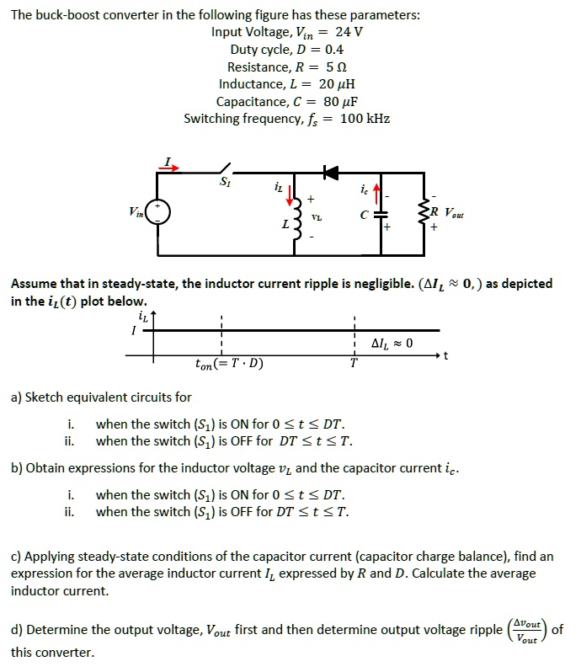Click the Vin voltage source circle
(x=159, y=211)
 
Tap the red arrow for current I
(x=171, y=167)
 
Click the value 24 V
(x=349, y=32)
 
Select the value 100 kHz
(x=365, y=118)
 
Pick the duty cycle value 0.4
(x=328, y=50)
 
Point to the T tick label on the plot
(x=354, y=365)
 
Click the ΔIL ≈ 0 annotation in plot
(x=392, y=343)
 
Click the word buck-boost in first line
(x=70, y=15)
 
